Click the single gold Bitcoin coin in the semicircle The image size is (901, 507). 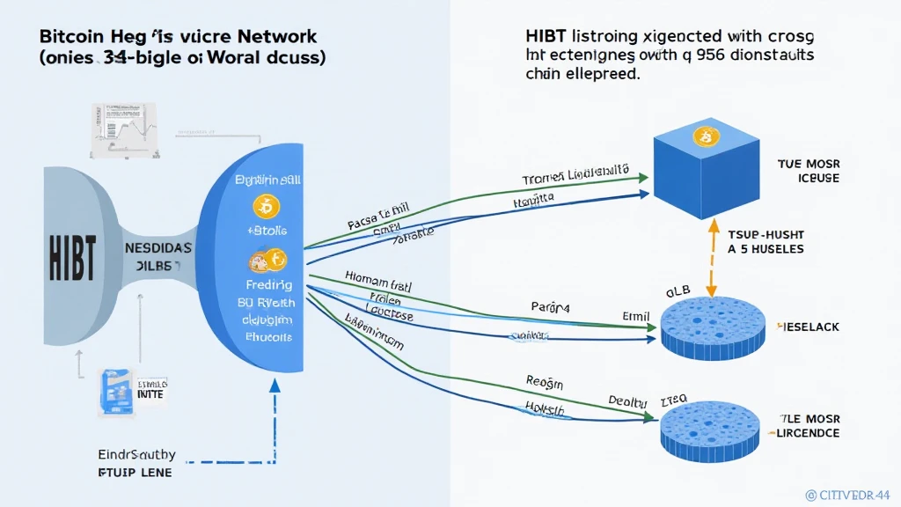click(265, 207)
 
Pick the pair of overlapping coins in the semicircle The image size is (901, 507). click(267, 261)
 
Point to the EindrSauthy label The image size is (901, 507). click(124, 455)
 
